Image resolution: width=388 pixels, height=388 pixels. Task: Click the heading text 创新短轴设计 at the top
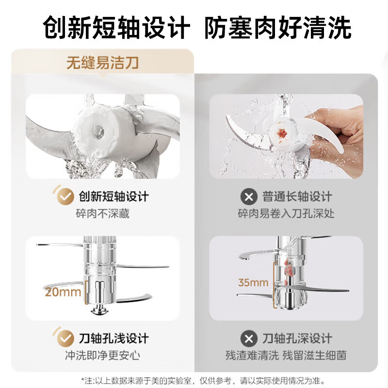[115, 28]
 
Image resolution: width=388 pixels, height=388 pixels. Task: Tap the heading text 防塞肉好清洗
[277, 28]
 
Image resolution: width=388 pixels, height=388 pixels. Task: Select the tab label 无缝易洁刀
[103, 62]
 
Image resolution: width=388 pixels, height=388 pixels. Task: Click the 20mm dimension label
[63, 292]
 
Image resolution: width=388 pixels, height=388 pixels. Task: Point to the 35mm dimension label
[253, 282]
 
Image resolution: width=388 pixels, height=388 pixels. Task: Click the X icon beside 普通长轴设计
[249, 197]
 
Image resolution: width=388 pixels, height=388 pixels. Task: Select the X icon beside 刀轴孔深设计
[249, 338]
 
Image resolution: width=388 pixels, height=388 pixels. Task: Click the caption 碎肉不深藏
[103, 213]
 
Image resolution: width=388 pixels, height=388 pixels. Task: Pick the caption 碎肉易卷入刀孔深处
[286, 213]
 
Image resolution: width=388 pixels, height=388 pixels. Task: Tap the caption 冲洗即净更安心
[103, 355]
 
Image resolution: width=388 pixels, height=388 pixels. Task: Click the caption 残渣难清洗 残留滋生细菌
[286, 355]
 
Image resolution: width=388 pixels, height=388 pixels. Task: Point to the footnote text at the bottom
[194, 380]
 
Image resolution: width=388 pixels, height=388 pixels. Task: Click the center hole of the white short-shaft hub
[99, 130]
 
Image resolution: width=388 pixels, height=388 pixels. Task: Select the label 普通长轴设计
[297, 197]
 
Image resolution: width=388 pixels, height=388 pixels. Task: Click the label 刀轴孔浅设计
[113, 338]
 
